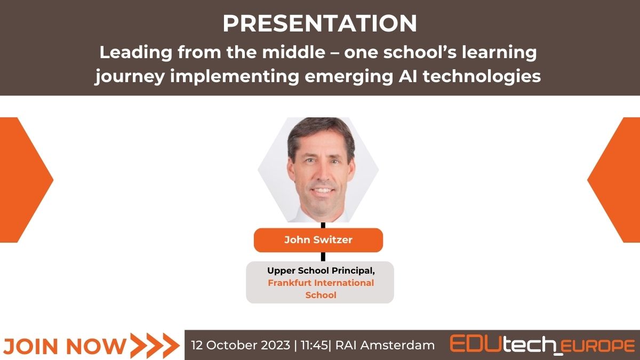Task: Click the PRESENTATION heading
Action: tap(320, 23)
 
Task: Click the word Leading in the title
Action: tap(136, 53)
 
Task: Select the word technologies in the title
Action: tap(482, 77)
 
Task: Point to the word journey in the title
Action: tap(130, 78)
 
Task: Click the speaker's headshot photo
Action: tap(318, 170)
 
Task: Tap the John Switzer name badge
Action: tap(318, 240)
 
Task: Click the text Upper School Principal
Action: tap(321, 271)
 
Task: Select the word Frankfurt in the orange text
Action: tap(289, 283)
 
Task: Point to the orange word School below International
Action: tap(321, 295)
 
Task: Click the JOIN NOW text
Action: tap(65, 346)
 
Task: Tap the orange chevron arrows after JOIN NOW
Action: tap(155, 346)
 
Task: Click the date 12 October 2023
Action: tap(241, 345)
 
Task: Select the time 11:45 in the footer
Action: tap(314, 345)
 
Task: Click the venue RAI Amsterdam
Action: tap(385, 345)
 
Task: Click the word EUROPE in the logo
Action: tap(598, 346)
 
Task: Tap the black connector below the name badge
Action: tap(323, 257)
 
